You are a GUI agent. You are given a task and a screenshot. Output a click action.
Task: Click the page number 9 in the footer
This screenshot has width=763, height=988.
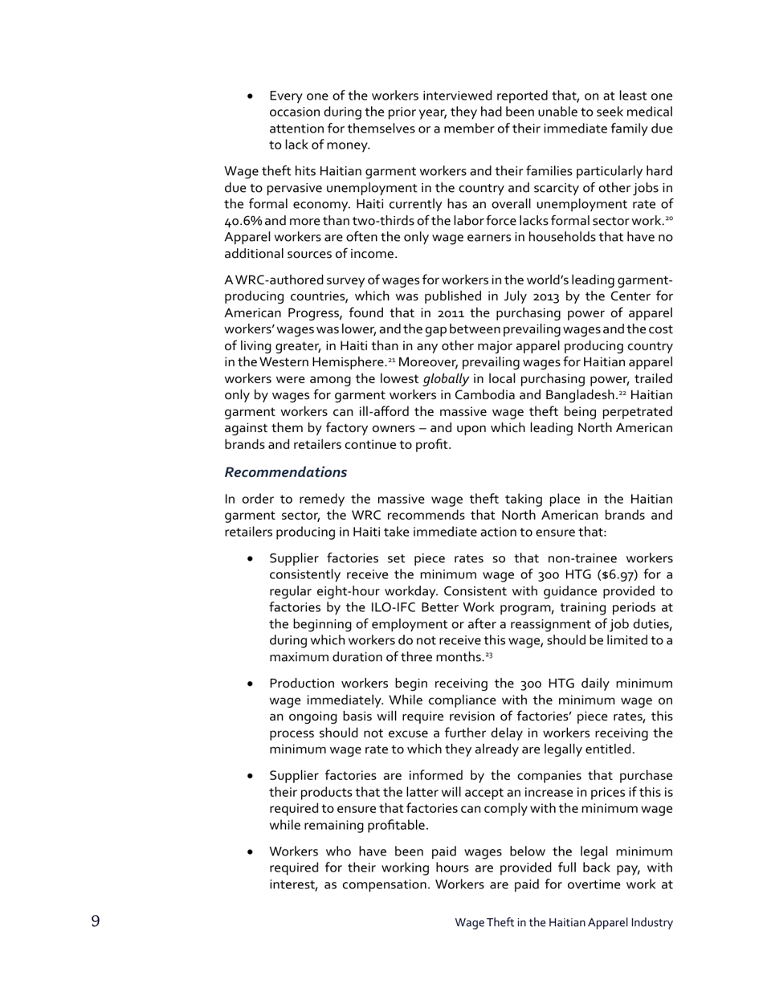[96, 921]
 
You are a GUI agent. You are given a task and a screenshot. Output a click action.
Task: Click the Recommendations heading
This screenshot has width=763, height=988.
[285, 472]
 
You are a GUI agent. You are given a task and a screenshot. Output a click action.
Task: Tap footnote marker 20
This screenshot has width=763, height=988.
[668, 218]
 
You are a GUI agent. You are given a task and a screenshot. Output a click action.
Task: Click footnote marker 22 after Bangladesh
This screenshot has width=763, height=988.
[622, 392]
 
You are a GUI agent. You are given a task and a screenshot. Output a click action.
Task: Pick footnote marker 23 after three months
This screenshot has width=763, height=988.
[488, 655]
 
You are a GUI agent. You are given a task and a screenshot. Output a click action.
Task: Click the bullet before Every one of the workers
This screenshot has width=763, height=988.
[251, 96]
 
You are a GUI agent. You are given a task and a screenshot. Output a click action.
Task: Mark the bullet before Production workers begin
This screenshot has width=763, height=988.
[251, 684]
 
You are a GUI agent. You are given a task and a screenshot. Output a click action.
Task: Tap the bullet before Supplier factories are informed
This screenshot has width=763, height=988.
[251, 776]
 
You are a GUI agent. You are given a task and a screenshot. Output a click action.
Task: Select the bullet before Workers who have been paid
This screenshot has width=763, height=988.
[251, 852]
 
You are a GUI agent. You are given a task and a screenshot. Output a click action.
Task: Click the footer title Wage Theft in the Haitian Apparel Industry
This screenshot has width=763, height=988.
[563, 922]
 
